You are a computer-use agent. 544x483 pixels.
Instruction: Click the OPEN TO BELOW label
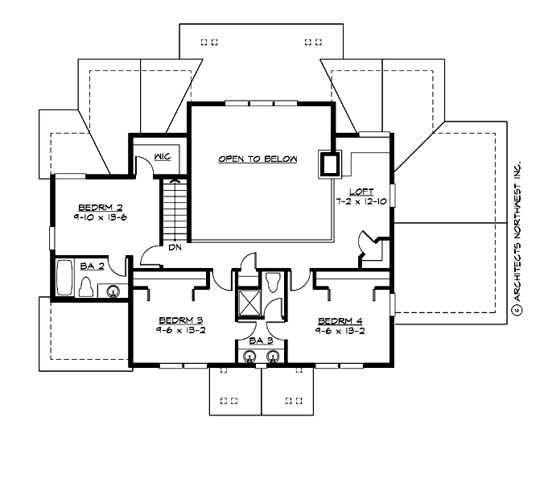(258, 159)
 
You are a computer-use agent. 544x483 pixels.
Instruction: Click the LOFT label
(361, 192)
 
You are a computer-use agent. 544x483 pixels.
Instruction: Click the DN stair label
(174, 247)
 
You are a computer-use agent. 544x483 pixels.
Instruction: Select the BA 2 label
(90, 266)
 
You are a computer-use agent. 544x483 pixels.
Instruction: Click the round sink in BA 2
(114, 291)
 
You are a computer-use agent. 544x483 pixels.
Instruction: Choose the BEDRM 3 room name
(181, 319)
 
